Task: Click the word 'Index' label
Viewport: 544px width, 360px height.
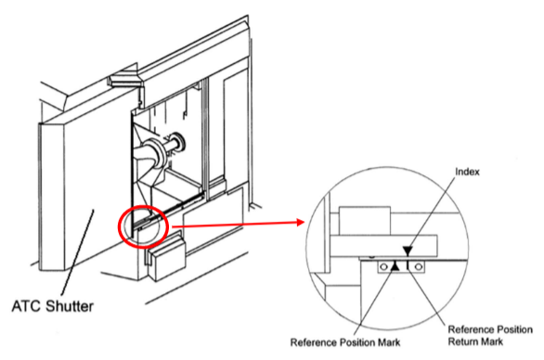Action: coord(467,172)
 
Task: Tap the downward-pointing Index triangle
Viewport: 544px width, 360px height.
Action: coord(408,251)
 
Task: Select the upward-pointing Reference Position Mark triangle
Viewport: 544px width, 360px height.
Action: coord(395,265)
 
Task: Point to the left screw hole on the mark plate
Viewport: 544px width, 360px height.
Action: coord(383,267)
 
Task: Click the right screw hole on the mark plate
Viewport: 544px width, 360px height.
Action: coord(419,267)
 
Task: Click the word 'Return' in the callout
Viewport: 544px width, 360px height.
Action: coord(463,341)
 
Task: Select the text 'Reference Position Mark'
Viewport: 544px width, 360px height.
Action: coord(345,342)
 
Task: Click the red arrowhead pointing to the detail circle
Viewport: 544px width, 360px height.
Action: coord(301,223)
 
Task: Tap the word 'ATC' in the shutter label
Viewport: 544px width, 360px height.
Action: coord(27,306)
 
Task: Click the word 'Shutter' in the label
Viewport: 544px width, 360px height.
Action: coord(70,306)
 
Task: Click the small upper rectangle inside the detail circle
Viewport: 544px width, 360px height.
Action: coord(365,221)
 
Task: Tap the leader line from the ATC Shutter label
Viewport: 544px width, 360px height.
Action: coord(77,253)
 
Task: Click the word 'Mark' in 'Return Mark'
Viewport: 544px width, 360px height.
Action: coord(492,341)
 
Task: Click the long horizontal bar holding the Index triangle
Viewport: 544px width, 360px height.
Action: coord(383,246)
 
